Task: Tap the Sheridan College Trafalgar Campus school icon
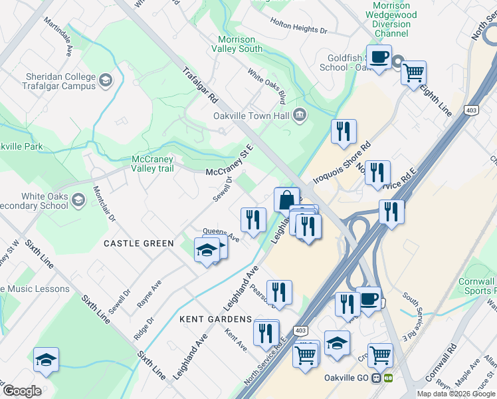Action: (x=105, y=82)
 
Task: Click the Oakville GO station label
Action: (x=348, y=378)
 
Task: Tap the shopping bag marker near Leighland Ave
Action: (x=286, y=199)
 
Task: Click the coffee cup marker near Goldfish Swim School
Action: (x=379, y=57)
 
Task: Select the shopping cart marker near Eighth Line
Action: (x=413, y=72)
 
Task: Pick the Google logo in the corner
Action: (x=22, y=391)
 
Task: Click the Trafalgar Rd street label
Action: (x=199, y=86)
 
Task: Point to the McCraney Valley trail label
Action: (x=153, y=164)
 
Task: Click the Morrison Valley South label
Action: (x=237, y=44)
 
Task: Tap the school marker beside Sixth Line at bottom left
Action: (x=46, y=360)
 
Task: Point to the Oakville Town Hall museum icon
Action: (x=300, y=115)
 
